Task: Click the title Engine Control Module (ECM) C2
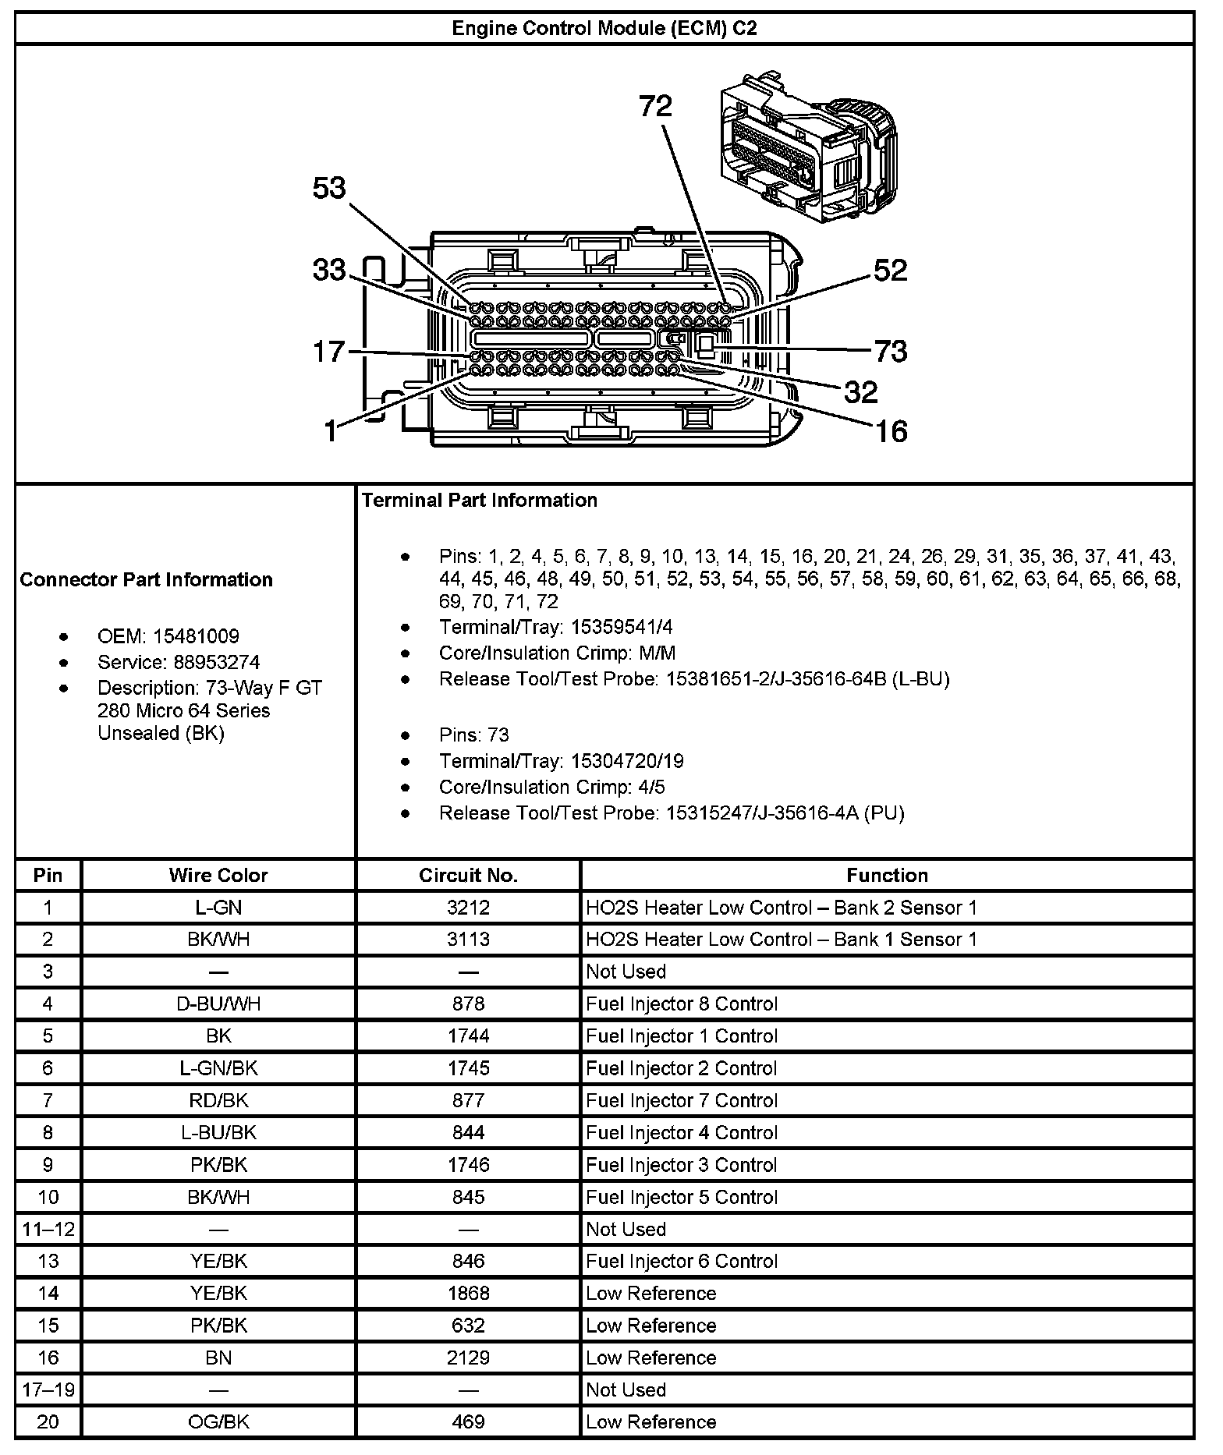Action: point(604,29)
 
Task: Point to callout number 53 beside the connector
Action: point(328,188)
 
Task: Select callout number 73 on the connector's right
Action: point(890,352)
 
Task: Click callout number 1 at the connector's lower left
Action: point(331,430)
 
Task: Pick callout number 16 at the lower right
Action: point(892,430)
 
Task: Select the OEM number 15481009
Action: point(196,636)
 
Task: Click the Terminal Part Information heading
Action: point(479,501)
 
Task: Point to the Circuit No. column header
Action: point(468,876)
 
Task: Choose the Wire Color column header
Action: point(218,876)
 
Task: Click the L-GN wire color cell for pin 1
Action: point(218,908)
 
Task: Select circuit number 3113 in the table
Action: point(468,940)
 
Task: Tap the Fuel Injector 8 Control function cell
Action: point(682,1004)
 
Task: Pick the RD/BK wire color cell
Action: point(218,1100)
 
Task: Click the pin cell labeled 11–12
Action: point(48,1230)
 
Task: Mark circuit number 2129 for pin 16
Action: point(468,1358)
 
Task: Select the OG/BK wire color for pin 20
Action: point(218,1422)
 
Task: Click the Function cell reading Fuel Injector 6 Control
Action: point(682,1262)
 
